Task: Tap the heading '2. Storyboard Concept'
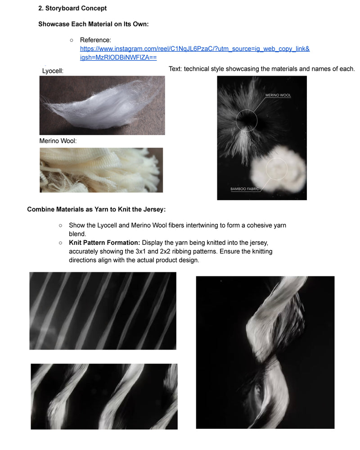click(x=72, y=8)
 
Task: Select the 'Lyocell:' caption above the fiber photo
click(x=53, y=71)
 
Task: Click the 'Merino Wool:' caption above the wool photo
click(x=58, y=141)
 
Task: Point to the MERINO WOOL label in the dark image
click(x=278, y=95)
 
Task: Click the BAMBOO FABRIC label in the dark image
click(x=245, y=189)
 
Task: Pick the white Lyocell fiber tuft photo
click(x=102, y=105)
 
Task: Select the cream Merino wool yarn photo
click(x=101, y=170)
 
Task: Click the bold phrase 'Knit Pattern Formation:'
click(x=104, y=243)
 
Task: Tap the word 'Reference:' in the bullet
click(x=95, y=40)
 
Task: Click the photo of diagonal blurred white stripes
click(x=103, y=311)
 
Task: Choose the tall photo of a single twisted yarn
click(x=265, y=352)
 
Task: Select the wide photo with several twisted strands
click(x=104, y=396)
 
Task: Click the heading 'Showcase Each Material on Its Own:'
click(x=94, y=24)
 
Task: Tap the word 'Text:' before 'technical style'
click(x=175, y=69)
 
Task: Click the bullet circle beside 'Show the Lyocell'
click(x=61, y=226)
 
